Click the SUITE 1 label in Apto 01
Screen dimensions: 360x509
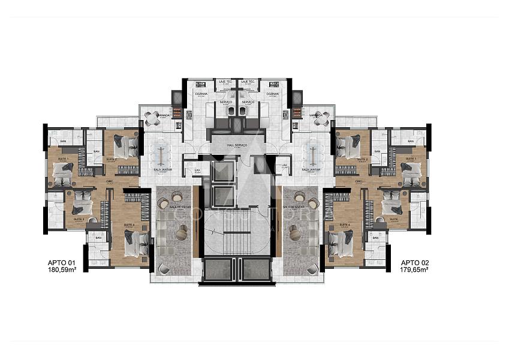(64, 158)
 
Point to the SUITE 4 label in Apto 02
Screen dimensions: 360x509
(344, 224)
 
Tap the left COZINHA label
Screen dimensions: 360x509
(201, 94)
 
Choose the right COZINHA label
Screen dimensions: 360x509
(273, 94)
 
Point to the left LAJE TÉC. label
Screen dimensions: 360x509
(225, 81)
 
